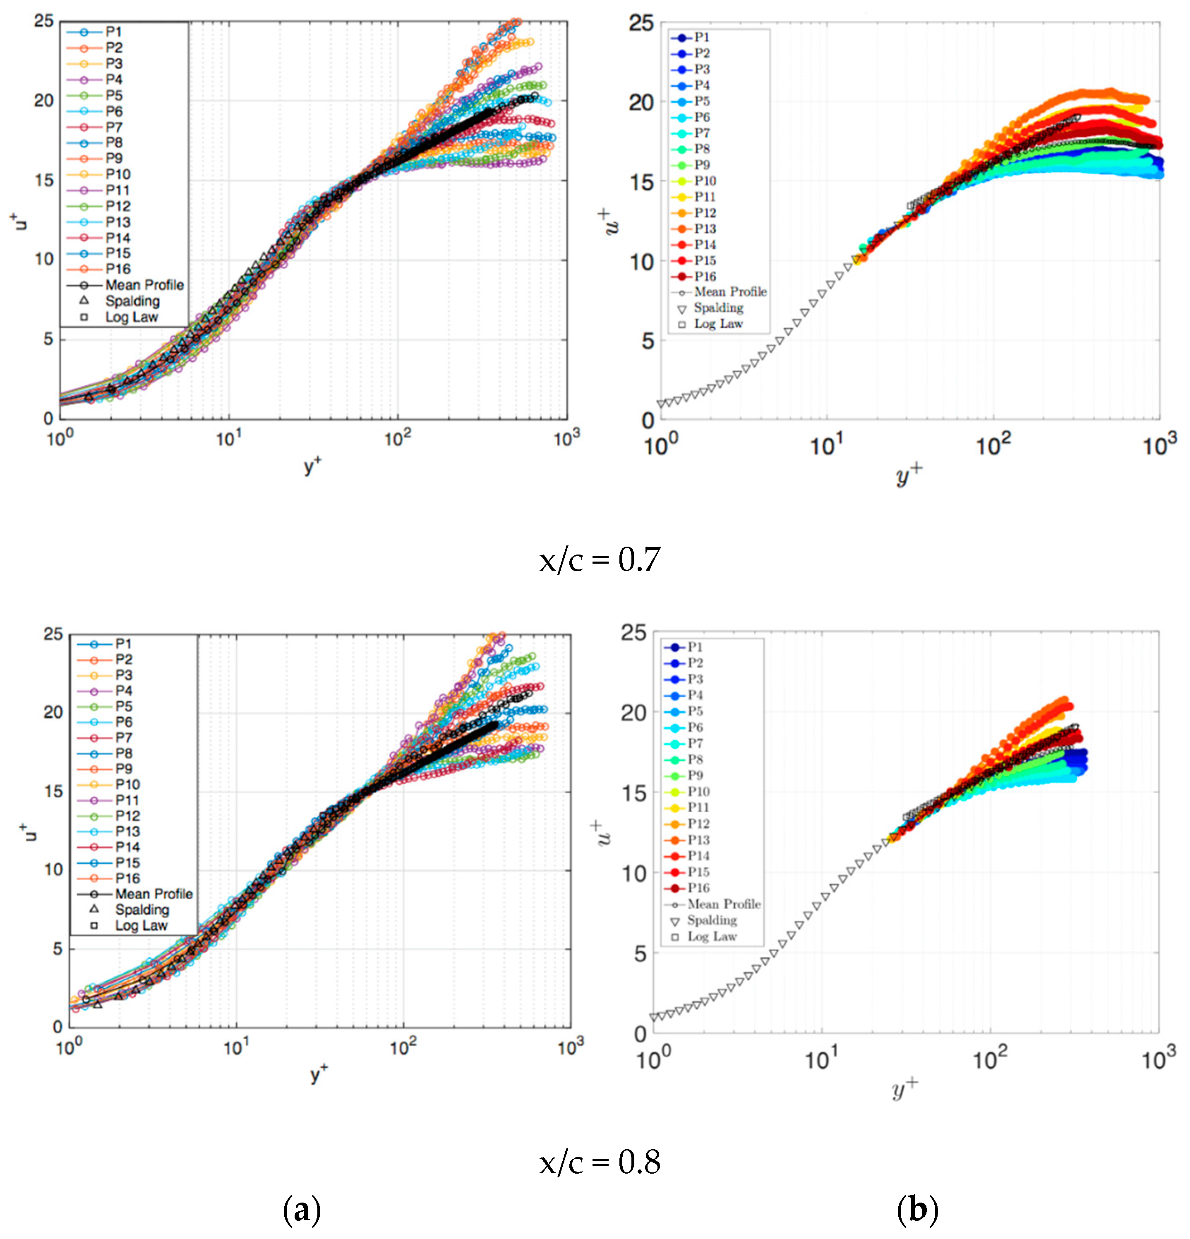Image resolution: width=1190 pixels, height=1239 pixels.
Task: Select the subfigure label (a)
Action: pyautogui.click(x=302, y=1210)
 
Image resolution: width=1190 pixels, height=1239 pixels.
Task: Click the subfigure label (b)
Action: pyautogui.click(x=917, y=1210)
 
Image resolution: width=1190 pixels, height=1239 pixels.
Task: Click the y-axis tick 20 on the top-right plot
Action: pyautogui.click(x=640, y=102)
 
